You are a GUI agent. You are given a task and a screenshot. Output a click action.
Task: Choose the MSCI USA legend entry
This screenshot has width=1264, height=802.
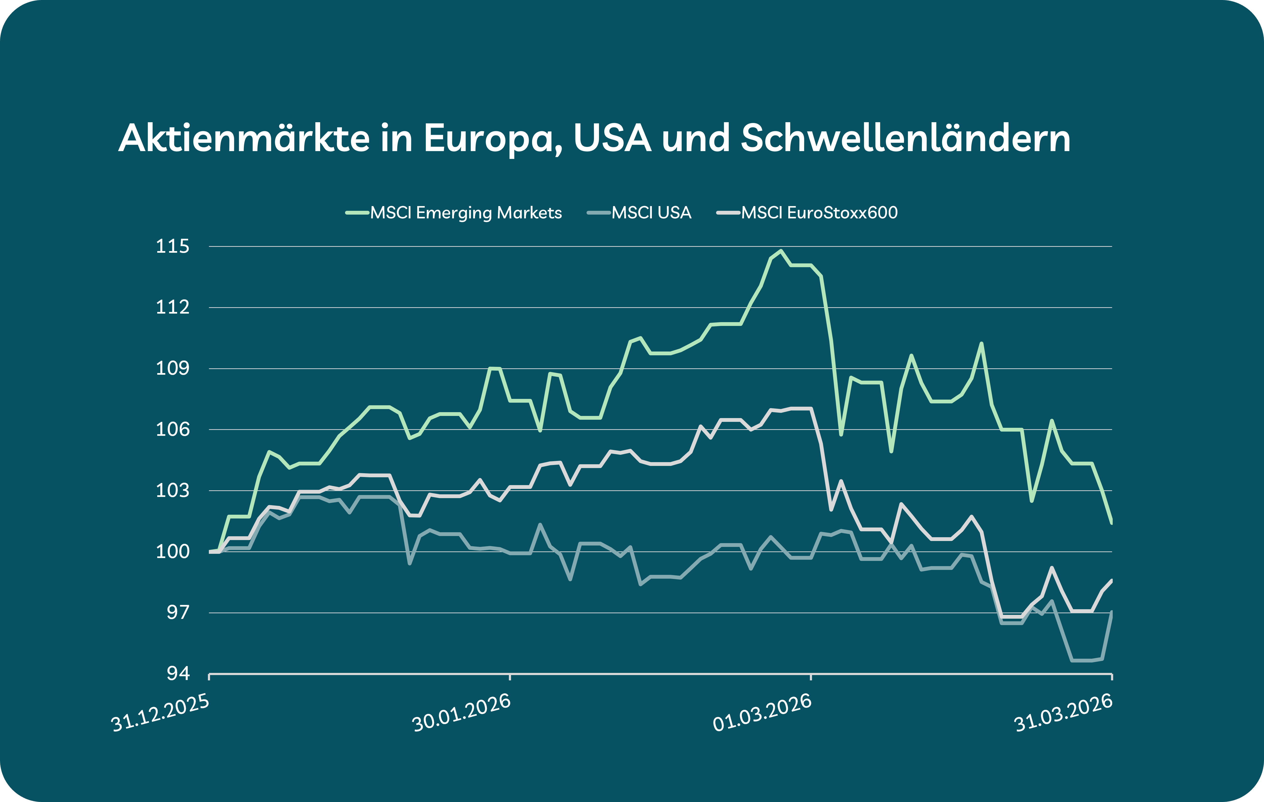point(651,213)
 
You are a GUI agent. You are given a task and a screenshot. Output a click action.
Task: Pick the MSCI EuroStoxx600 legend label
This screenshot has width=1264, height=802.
point(819,213)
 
